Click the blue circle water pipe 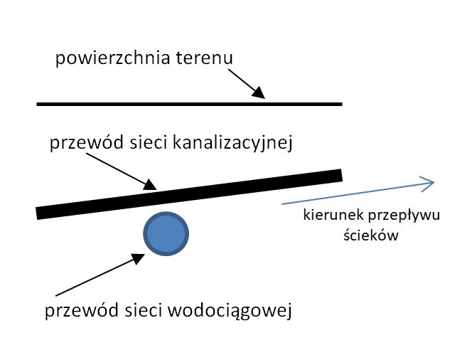tap(166, 234)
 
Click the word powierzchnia tap(112, 58)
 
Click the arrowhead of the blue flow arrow tap(427, 184)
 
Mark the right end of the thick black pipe tap(339, 175)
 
